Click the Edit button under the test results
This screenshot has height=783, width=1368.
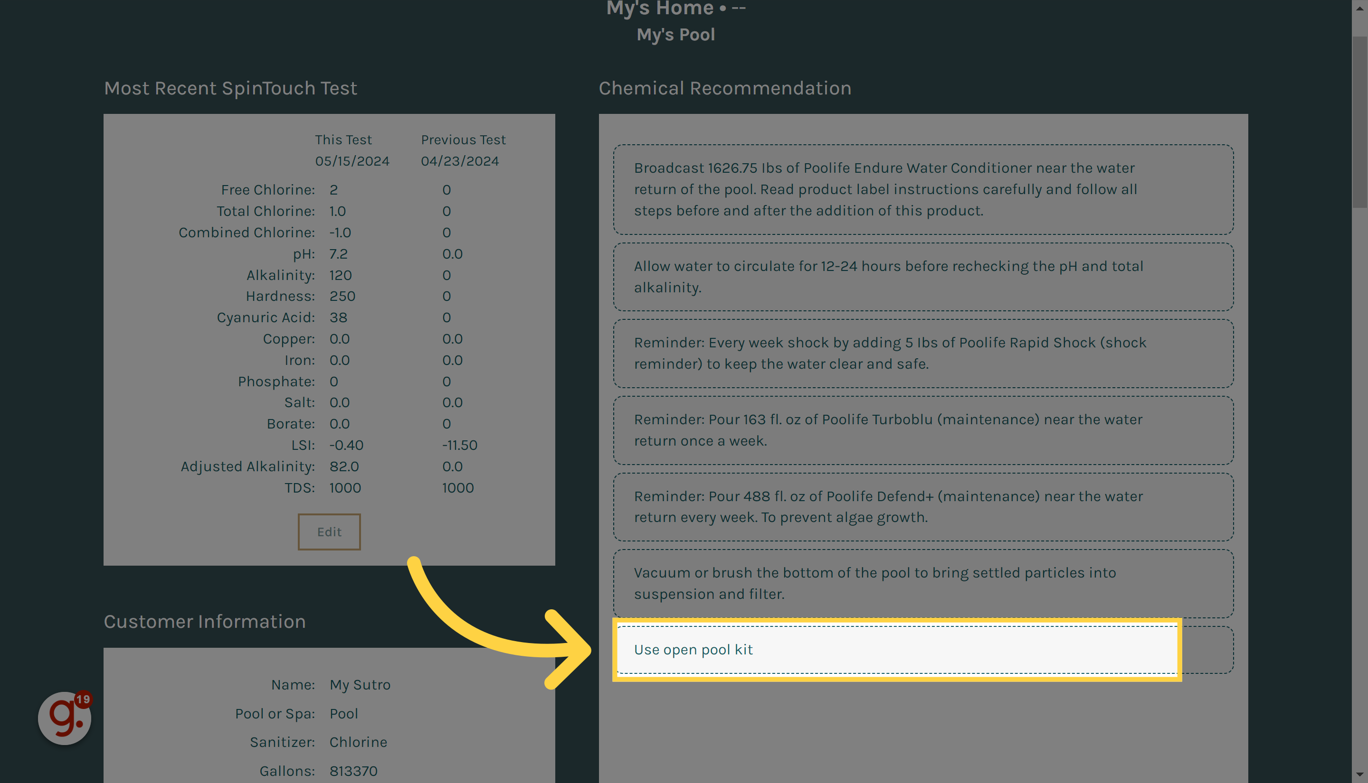(329, 532)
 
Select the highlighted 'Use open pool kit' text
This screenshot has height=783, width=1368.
(693, 650)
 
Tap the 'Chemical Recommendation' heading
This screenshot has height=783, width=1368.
(724, 88)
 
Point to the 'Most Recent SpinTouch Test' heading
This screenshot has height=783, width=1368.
(230, 88)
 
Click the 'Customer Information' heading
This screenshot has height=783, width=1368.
(205, 622)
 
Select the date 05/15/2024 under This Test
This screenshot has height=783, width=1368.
(352, 161)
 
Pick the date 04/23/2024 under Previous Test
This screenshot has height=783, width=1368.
(460, 161)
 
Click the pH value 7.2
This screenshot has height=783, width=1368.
(339, 254)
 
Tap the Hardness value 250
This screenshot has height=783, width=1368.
(342, 296)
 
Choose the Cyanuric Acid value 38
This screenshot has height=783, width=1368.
(338, 318)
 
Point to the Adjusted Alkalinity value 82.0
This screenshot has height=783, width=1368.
(344, 467)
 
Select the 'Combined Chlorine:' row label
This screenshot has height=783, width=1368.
(247, 233)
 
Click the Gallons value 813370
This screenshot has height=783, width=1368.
(353, 771)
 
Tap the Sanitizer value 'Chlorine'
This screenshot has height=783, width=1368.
(358, 742)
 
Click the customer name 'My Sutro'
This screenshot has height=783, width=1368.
(360, 685)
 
